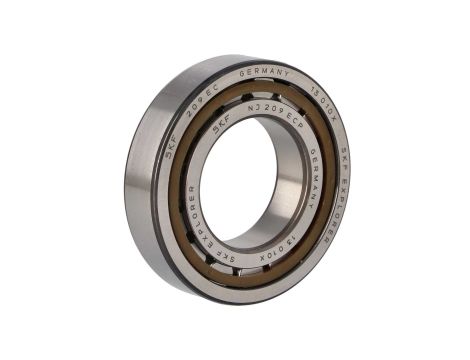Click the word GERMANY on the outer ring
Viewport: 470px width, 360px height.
[x=265, y=76]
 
